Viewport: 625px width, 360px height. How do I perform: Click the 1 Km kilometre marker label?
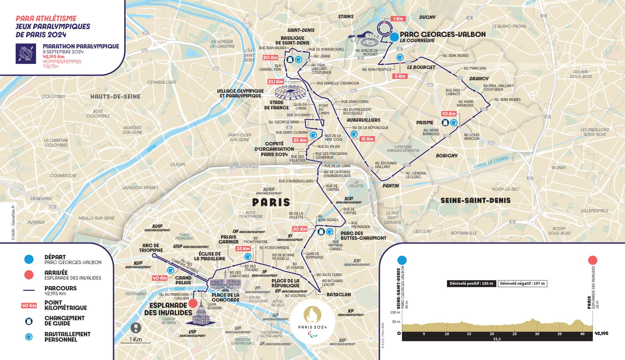pos(398,19)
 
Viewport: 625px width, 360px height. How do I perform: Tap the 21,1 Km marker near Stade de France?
pos(275,82)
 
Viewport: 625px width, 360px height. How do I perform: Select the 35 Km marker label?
pos(243,249)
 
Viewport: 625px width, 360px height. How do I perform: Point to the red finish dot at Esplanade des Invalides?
pos(193,303)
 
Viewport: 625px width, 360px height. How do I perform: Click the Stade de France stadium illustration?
pos(289,91)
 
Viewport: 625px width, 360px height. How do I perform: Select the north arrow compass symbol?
pos(136,328)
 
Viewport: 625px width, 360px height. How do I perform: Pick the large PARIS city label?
pos(271,202)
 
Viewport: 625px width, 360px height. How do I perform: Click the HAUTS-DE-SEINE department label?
pos(115,97)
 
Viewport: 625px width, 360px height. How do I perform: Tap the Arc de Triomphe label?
pos(151,248)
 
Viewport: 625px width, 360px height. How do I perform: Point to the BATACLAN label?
pos(339,295)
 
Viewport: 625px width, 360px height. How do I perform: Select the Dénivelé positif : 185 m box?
pos(471,284)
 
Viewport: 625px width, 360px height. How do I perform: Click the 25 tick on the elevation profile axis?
pos(514,334)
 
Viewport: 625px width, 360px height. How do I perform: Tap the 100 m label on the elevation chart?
pos(395,312)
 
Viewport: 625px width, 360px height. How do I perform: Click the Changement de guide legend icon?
pos(29,321)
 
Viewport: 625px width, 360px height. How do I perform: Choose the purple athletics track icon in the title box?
pos(26,54)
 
